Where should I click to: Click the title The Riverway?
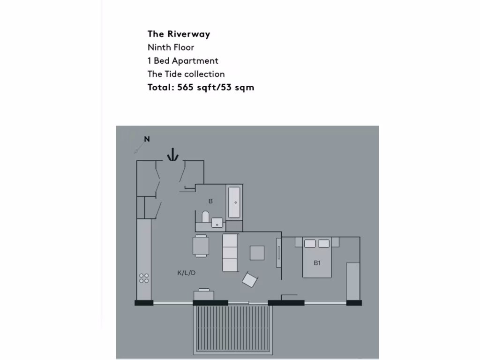[179, 34]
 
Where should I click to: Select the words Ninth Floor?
[171, 47]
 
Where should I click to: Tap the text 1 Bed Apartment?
[183, 60]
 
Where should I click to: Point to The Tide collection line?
[186, 74]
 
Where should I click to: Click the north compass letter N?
[147, 139]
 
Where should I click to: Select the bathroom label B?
[210, 201]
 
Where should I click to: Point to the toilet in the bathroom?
[205, 217]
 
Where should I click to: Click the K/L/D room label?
[186, 273]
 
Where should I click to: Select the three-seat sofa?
[230, 253]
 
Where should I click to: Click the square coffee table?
[257, 253]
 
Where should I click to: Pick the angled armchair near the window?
[250, 280]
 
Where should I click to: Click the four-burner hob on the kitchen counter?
[144, 278]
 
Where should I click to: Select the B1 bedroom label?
[317, 263]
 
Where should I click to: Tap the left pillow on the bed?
[310, 243]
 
